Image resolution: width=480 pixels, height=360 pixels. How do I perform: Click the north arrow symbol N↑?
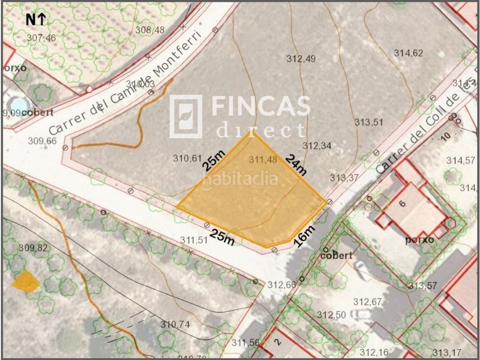(35, 19)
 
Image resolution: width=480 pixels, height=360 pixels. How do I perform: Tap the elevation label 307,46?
(41, 38)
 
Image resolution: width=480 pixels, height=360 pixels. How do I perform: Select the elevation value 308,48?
(149, 29)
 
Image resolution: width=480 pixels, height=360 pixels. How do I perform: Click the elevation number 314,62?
(409, 53)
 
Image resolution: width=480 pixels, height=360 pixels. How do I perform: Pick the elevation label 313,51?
(368, 122)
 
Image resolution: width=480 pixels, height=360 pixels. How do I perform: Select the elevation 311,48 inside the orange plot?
(263, 159)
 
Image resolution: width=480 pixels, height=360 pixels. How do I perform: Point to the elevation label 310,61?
(187, 159)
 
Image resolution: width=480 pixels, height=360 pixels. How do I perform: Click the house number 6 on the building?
(403, 203)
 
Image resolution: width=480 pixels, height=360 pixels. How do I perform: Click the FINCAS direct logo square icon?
(185, 116)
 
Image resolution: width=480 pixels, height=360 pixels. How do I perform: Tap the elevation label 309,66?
(42, 141)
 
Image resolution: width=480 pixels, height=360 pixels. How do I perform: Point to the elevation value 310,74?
(175, 324)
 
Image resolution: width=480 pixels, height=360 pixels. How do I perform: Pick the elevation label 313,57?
(421, 285)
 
